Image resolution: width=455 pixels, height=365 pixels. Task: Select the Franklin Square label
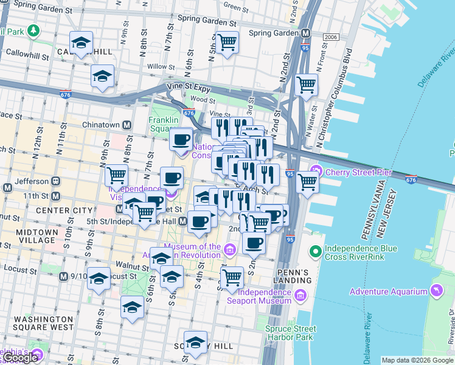click(163, 124)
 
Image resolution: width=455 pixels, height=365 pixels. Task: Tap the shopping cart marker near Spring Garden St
click(227, 43)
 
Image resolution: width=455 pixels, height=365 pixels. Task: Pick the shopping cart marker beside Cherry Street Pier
click(308, 181)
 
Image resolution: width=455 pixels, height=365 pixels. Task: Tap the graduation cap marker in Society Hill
click(195, 342)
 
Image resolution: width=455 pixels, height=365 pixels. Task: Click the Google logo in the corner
click(20, 358)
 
